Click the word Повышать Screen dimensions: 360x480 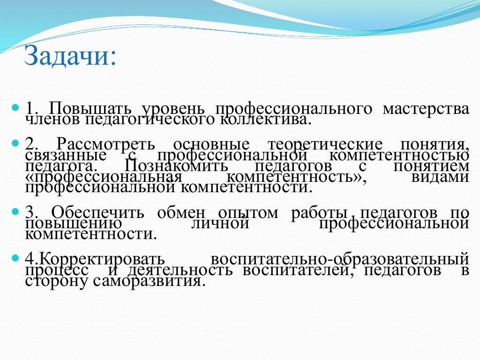[x=93, y=109]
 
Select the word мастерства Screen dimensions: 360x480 [x=425, y=109]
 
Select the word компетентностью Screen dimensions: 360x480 [x=399, y=155]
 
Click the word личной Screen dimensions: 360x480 [x=220, y=224]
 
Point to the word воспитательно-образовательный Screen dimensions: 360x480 [x=339, y=259]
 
